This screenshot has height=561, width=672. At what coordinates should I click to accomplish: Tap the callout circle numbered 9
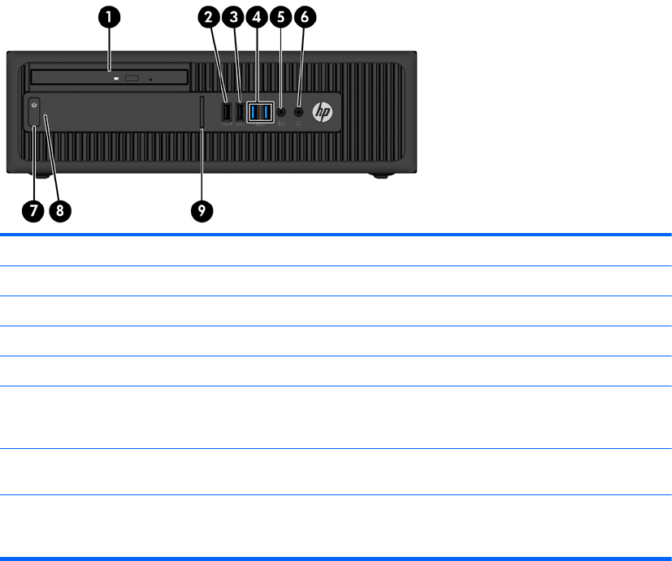pos(202,211)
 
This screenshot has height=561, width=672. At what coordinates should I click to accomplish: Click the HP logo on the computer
pos(323,113)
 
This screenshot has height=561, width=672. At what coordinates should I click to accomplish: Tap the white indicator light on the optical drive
pos(117,78)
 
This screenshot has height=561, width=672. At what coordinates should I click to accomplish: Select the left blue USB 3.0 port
pos(254,112)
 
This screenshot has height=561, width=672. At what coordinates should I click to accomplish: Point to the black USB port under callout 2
pos(226,112)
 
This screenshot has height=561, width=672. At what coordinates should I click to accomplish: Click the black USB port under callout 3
pos(240,112)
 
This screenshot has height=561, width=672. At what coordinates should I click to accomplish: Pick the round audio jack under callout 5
pos(281,112)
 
